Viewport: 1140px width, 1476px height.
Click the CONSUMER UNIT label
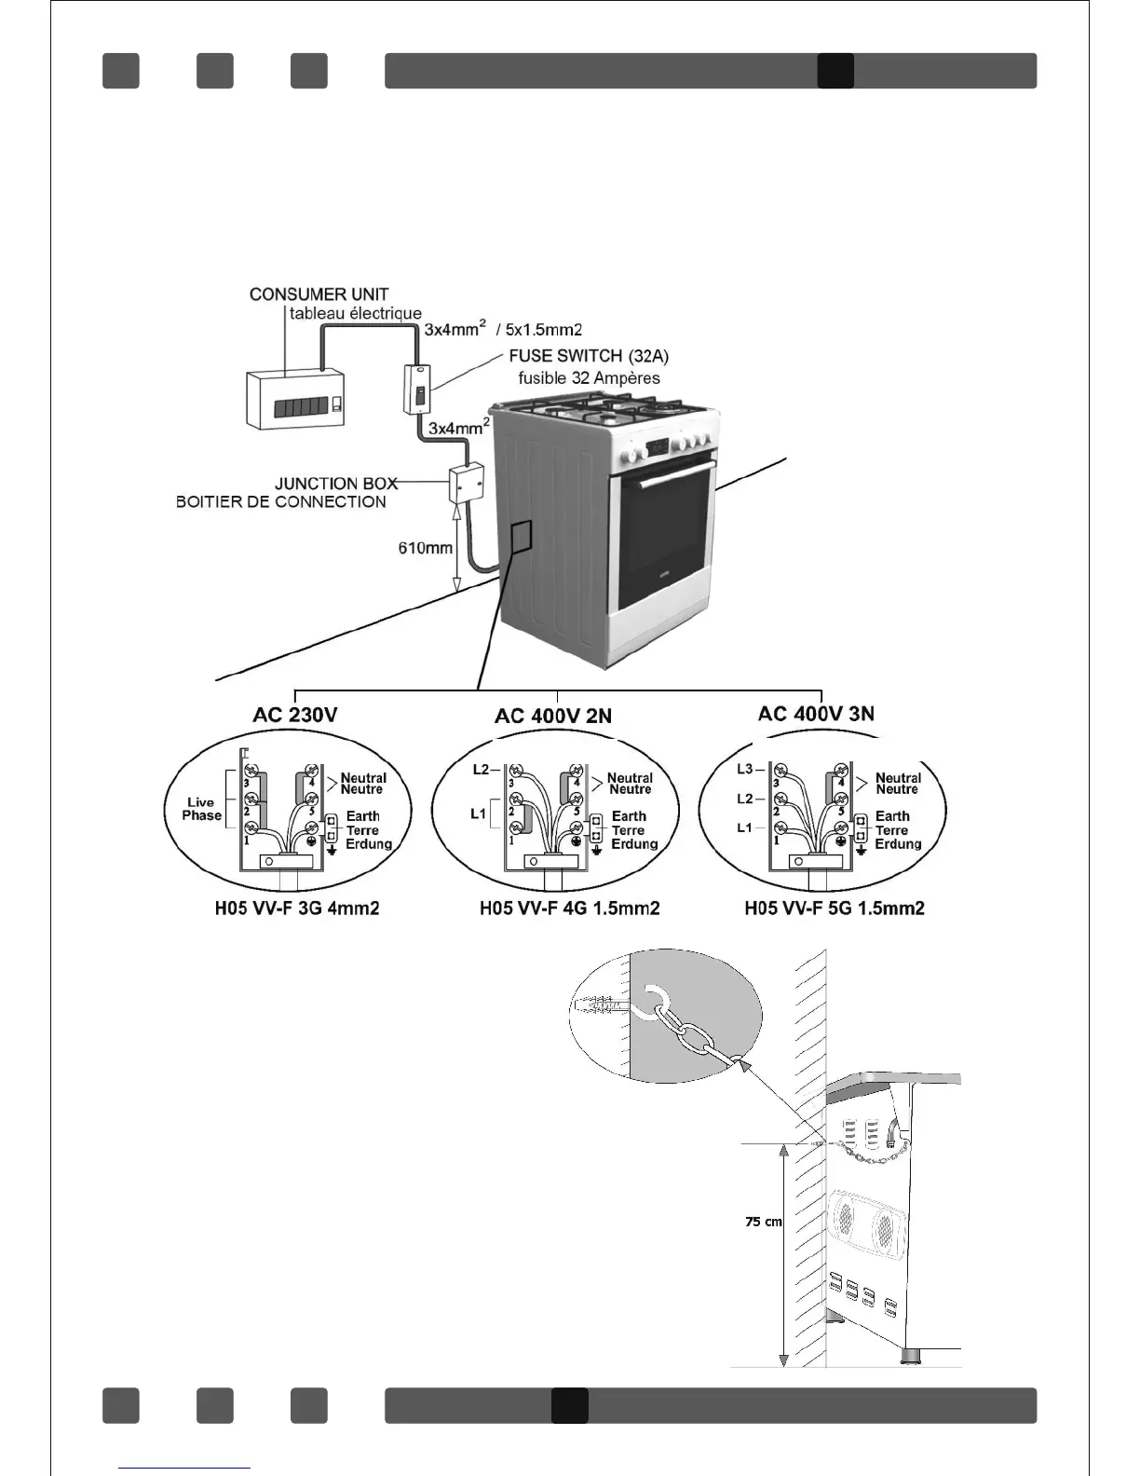tap(319, 294)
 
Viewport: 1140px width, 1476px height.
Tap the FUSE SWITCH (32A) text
tap(589, 356)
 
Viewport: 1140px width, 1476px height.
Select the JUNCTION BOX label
tap(335, 484)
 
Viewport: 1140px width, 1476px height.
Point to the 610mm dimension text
tap(426, 548)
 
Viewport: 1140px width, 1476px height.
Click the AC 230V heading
tap(294, 715)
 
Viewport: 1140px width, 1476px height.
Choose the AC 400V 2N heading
tap(553, 716)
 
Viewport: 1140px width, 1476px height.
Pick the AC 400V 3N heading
tap(816, 714)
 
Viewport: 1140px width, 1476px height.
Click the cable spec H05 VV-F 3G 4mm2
tap(297, 908)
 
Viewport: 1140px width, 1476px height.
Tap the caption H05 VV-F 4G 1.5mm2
tap(569, 908)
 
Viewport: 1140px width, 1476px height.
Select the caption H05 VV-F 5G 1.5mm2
tap(835, 908)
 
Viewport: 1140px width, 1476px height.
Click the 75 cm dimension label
tap(764, 1222)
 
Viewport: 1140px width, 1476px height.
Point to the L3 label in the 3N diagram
tap(745, 770)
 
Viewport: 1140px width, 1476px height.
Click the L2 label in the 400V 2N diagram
tap(481, 770)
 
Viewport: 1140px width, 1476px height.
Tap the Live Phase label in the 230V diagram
tap(202, 809)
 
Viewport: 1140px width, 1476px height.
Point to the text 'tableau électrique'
tap(355, 314)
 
